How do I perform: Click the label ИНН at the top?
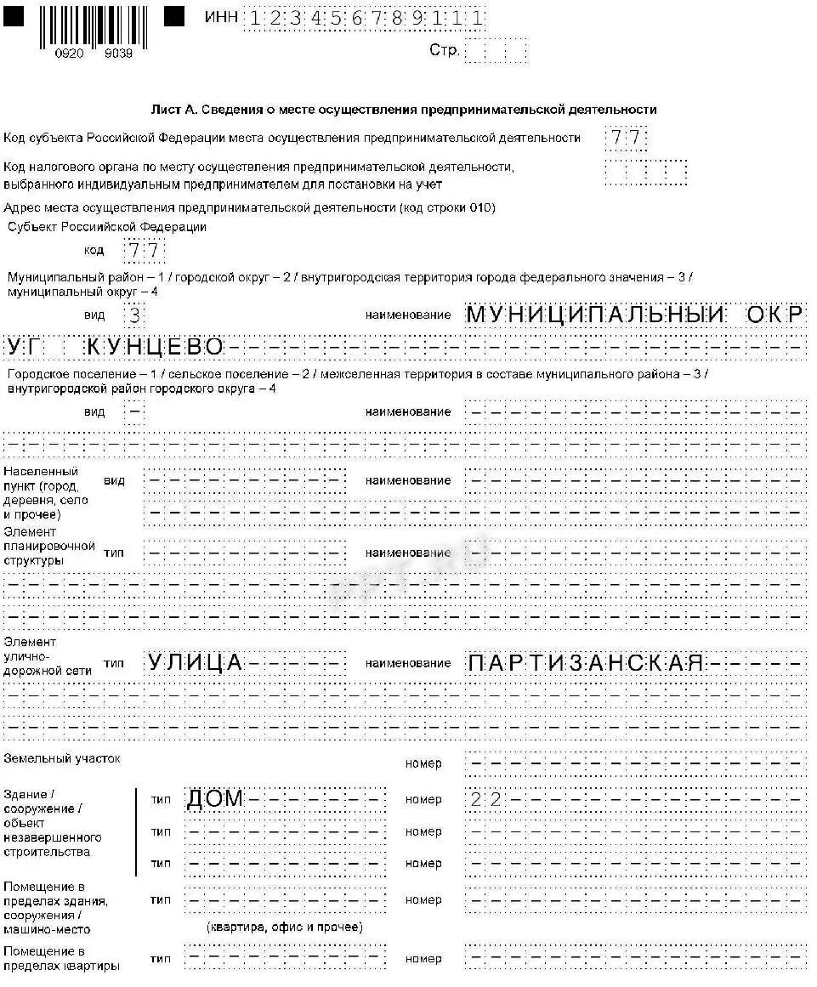pos(221,17)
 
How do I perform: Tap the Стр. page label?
pos(444,51)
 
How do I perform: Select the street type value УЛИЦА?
pos(195,663)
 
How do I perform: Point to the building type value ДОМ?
pos(215,799)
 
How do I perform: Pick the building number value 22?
pos(485,799)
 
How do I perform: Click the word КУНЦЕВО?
pos(155,347)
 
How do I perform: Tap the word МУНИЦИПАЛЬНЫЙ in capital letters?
pos(595,315)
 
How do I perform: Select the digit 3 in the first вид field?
pos(133,315)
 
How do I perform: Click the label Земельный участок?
pos(62,757)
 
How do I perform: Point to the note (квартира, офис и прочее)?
pos(284,927)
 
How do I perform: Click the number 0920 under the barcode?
pos(68,54)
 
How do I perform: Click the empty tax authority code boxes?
pos(645,173)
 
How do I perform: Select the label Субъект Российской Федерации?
pos(107,227)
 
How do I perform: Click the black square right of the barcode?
pos(174,16)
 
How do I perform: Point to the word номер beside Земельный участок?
pos(423,763)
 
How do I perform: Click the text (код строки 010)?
pos(448,207)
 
